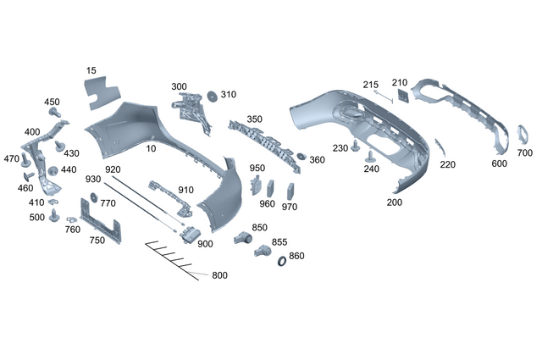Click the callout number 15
click(91, 69)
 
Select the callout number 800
click(219, 275)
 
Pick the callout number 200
click(395, 202)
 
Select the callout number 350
click(254, 119)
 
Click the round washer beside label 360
click(299, 158)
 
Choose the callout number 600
click(500, 163)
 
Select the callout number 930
click(93, 180)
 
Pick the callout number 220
click(448, 164)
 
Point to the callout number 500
click(36, 217)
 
